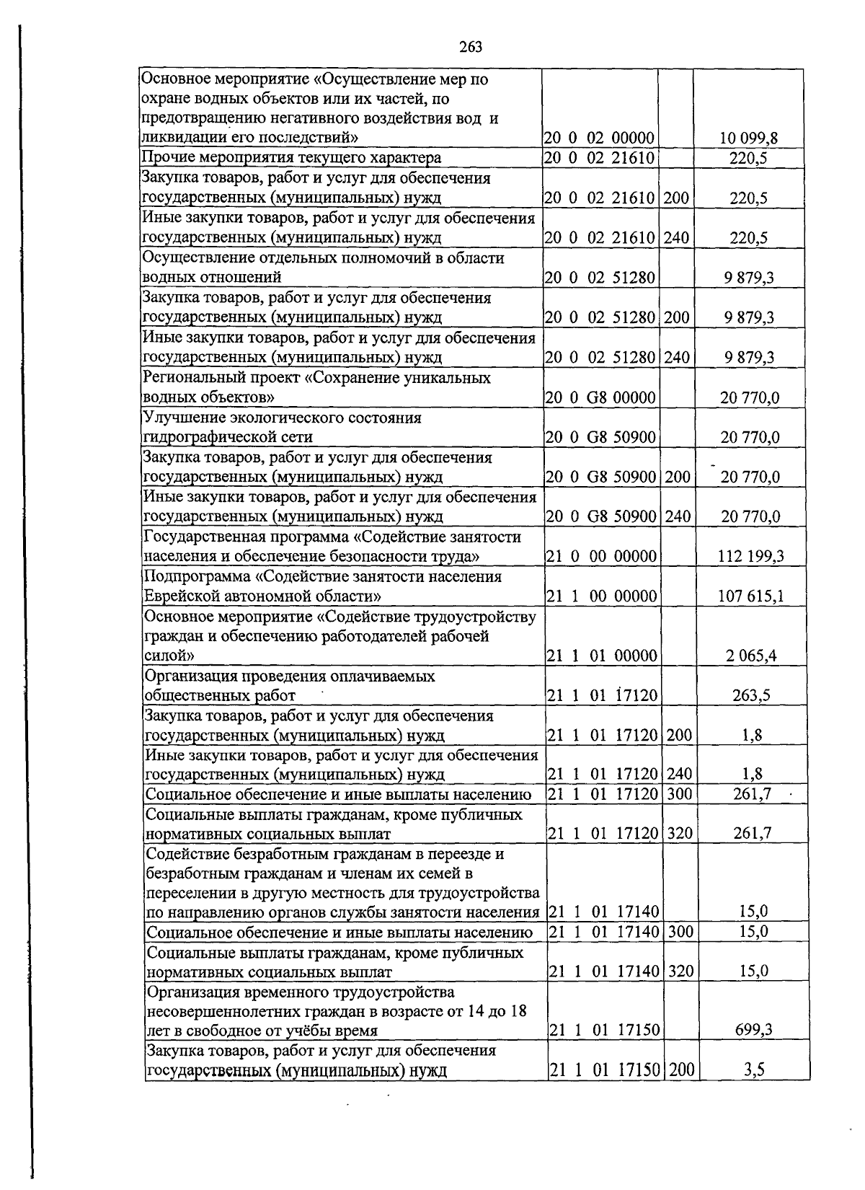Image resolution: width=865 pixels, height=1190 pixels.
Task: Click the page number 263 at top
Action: pos(470,48)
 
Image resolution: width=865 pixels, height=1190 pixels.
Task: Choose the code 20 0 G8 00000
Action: pos(600,397)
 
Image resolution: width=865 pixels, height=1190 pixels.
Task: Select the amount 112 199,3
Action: pos(750,556)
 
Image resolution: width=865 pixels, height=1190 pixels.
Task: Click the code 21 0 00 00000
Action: pos(601,556)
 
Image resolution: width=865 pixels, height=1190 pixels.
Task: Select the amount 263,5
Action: pos(752,696)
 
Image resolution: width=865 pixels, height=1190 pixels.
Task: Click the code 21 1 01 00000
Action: pos(602,656)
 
